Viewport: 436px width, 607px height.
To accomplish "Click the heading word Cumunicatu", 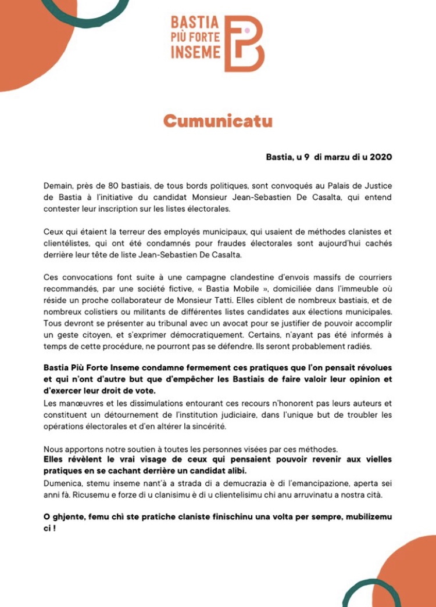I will [217, 121].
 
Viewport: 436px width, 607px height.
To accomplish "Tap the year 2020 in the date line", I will [380, 157].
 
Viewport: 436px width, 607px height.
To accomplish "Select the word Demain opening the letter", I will [60, 186].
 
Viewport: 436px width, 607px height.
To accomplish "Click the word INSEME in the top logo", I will [196, 52].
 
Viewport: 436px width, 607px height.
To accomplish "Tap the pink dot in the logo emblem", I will [246, 30].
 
